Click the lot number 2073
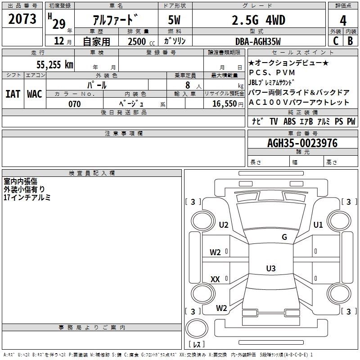pyautogui.click(x=22, y=19)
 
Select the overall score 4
pyautogui.click(x=343, y=20)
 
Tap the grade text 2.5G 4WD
pyautogui.click(x=258, y=20)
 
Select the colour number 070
pyautogui.click(x=75, y=104)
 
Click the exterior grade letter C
pyautogui.click(x=335, y=41)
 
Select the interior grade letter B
pyautogui.click(x=350, y=41)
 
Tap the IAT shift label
pyautogui.click(x=13, y=94)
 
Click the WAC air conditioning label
pyautogui.click(x=34, y=94)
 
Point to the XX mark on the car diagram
pyautogui.click(x=215, y=279)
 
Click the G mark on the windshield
pyautogui.click(x=284, y=237)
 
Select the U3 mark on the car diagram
pyautogui.click(x=270, y=269)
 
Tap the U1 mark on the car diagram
pyautogui.click(x=318, y=225)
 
